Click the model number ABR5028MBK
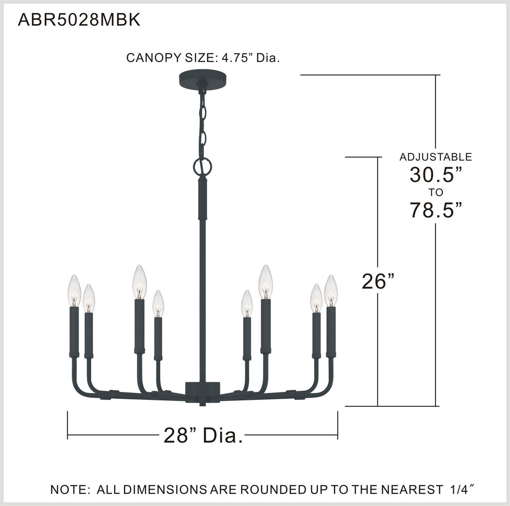79,20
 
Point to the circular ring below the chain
202,167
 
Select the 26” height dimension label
378,281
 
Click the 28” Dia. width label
203,435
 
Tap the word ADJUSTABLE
435,157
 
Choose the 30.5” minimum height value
435,174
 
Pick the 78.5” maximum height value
435,210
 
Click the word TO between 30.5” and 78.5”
435,193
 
